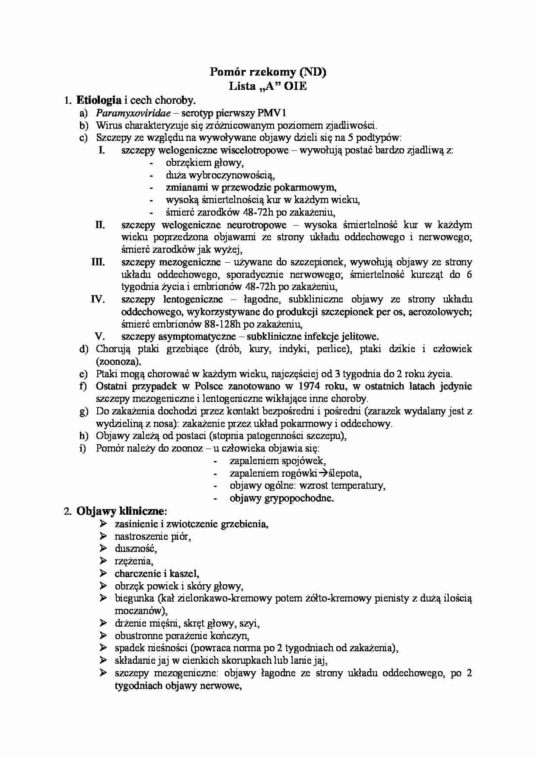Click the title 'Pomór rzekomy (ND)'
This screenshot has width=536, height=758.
[268, 72]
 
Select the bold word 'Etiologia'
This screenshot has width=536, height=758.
[99, 100]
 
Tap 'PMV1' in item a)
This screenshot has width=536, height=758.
[273, 113]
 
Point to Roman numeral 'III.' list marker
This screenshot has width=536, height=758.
[98, 262]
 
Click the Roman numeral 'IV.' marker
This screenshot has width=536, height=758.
[98, 299]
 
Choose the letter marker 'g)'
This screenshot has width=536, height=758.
[84, 411]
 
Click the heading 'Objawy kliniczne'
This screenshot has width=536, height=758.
[120, 511]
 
